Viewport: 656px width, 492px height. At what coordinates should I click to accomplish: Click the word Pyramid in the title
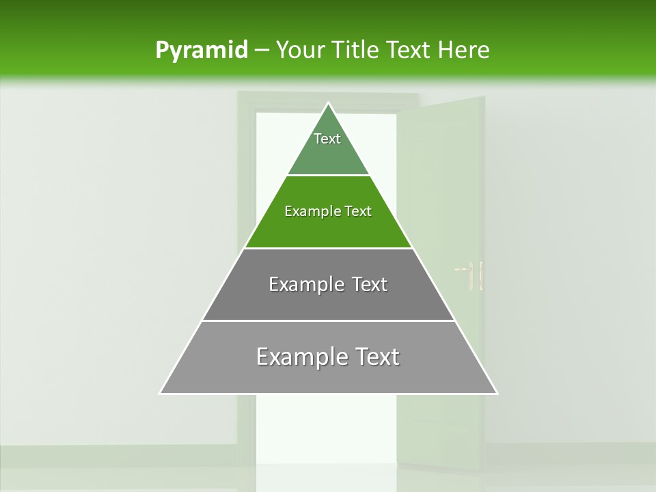(201, 51)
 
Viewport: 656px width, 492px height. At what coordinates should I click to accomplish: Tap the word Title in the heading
(356, 50)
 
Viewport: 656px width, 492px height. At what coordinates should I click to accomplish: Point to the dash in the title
(261, 51)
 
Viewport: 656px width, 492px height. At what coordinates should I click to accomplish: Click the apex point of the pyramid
(328, 103)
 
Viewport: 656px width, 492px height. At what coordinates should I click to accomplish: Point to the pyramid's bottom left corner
(161, 393)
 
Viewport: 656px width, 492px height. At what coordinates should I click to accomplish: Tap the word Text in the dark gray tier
(370, 284)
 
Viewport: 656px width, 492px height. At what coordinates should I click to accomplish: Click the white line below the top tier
(328, 175)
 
